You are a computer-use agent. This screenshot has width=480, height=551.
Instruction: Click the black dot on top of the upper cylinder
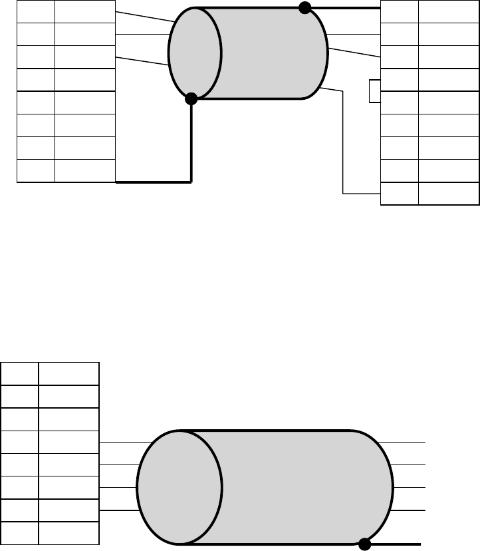click(304, 8)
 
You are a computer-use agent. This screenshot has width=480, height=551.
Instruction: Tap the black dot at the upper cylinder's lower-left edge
click(191, 99)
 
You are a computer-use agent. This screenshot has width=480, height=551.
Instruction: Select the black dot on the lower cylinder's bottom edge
click(364, 544)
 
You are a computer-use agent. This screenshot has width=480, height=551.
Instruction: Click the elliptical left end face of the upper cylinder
click(195, 53)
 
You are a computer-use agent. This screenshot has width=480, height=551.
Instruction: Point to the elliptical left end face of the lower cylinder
click(180, 488)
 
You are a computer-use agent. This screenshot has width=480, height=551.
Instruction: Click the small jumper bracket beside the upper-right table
click(374, 91)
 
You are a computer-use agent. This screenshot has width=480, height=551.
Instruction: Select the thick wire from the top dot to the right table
click(342, 8)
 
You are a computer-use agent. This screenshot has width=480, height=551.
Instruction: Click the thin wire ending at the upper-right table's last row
click(343, 146)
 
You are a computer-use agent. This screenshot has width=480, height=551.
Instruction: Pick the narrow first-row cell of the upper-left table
click(35, 11)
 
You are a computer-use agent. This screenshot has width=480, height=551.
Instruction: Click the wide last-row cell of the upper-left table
click(84, 171)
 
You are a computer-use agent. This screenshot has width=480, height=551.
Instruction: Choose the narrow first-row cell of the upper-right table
click(399, 11)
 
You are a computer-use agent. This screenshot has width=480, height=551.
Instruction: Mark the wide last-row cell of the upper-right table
click(449, 194)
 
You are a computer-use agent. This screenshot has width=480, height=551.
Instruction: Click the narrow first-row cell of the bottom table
click(19, 374)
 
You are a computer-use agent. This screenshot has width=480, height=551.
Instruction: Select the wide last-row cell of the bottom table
click(68, 533)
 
